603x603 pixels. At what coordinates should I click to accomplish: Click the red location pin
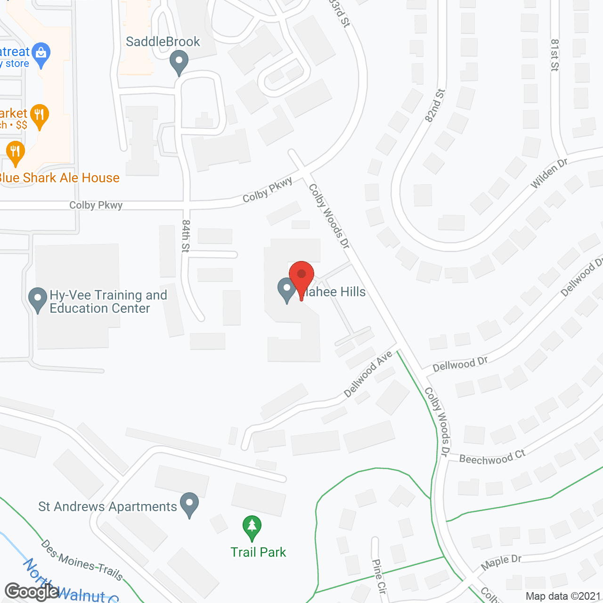[x=301, y=278]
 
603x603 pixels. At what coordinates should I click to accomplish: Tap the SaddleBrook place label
[x=163, y=42]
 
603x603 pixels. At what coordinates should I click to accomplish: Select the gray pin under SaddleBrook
[x=179, y=63]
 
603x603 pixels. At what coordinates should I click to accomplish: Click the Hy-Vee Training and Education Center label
[x=108, y=301]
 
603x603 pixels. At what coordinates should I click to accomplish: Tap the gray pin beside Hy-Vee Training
[x=38, y=299]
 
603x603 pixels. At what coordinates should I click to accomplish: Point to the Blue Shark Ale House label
[x=59, y=178]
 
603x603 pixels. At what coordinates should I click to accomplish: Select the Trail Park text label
[x=258, y=552]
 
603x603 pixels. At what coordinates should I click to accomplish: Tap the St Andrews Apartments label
[x=107, y=506]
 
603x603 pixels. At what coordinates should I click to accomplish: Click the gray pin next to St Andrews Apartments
[x=189, y=505]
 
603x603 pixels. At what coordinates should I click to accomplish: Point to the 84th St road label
[x=186, y=236]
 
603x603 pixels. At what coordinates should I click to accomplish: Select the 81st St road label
[x=554, y=55]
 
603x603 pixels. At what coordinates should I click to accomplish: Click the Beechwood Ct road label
[x=492, y=457]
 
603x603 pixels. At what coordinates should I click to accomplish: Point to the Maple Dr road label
[x=501, y=562]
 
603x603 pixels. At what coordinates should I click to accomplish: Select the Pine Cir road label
[x=379, y=576]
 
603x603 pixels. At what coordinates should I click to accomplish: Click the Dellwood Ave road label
[x=368, y=375]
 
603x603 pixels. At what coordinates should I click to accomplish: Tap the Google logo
[x=32, y=591]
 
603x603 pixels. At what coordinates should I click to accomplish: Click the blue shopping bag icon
[x=41, y=56]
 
